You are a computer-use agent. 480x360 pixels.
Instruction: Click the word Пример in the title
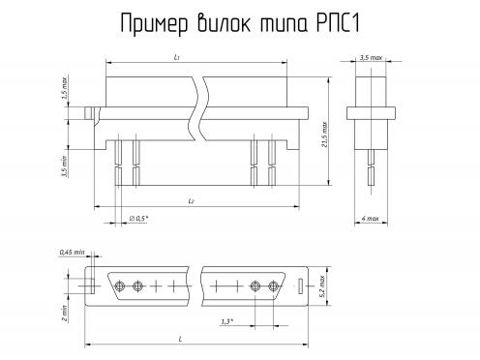point(154,24)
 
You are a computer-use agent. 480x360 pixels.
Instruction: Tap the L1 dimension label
point(176,57)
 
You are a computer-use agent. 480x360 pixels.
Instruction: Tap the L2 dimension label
point(191,201)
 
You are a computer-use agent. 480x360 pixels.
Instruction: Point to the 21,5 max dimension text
point(324,135)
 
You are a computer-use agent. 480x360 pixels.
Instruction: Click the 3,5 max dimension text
point(371,57)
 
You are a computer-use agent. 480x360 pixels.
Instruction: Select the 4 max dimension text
point(370,219)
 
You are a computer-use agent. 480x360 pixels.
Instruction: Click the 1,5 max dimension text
point(65,87)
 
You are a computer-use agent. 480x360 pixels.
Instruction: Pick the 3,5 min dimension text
point(65,166)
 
